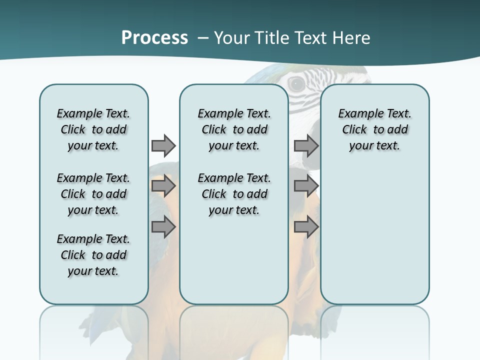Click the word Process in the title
(154, 38)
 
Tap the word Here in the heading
(351, 38)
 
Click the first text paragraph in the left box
(93, 129)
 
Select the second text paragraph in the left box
(93, 194)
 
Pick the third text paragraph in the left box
(93, 255)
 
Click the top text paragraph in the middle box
(234, 129)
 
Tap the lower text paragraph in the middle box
(234, 194)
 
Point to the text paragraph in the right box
(374, 129)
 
